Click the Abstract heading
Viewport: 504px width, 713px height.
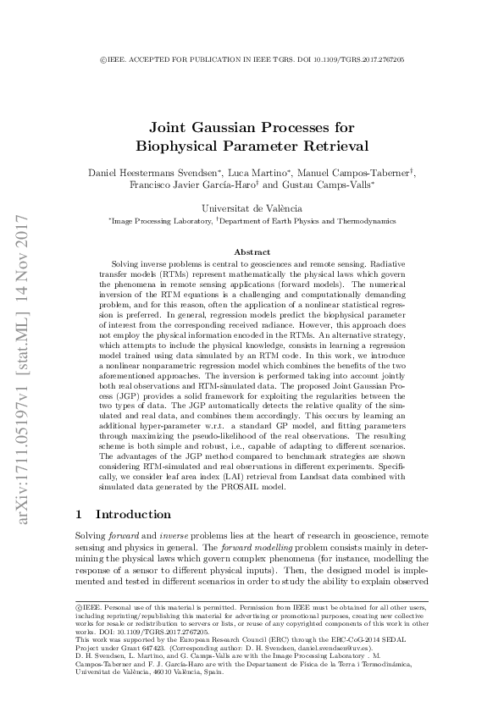click(252, 251)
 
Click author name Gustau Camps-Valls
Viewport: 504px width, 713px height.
click(338, 184)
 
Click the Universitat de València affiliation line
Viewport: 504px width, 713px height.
click(252, 207)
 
